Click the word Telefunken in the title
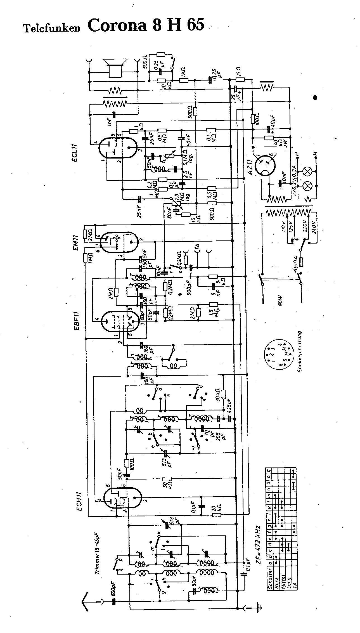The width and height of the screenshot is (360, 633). [x=52, y=28]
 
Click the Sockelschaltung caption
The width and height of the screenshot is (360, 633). [x=300, y=351]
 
